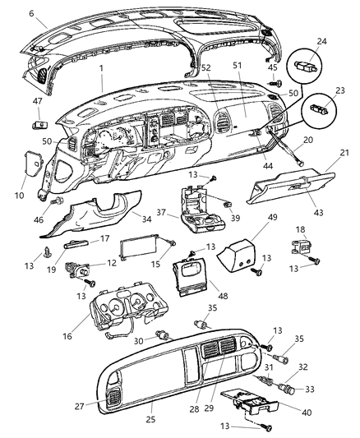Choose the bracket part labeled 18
301,250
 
